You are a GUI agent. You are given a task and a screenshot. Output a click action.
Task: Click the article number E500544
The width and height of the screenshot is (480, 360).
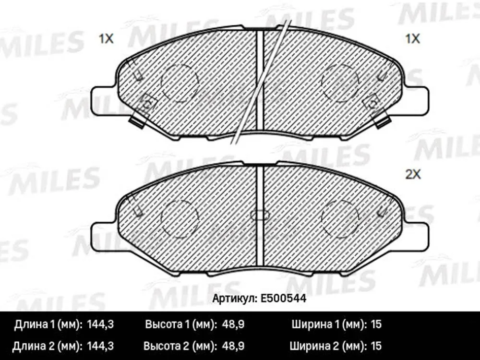point(283,298)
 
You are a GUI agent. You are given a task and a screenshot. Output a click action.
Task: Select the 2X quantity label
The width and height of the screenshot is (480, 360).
point(413,175)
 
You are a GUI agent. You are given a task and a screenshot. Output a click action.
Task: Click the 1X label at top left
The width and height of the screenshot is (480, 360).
point(106,39)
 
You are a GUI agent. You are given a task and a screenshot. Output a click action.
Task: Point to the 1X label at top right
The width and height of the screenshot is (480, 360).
point(412,39)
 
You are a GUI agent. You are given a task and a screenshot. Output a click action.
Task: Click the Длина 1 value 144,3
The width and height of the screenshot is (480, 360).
point(100,324)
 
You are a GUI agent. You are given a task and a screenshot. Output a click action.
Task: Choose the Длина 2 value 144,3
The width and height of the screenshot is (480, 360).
point(100,346)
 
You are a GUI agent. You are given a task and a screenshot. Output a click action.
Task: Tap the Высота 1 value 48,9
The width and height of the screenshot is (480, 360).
point(233,324)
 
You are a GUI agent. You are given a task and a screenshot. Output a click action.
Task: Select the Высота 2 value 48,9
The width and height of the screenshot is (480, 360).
point(233,346)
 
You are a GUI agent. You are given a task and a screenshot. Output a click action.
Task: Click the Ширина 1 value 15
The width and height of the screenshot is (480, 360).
point(376,324)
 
